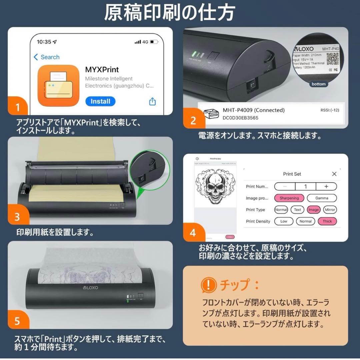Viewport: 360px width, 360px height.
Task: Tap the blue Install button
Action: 100,101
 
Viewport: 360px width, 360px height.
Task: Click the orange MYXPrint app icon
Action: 58,85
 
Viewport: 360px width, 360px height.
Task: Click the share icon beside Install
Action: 152,101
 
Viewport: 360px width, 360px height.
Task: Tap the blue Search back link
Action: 46,57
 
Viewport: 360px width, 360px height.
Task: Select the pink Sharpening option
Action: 289,198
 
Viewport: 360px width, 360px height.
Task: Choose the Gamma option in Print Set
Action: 322,198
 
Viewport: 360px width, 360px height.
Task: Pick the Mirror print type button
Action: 330,210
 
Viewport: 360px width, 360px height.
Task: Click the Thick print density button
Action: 327,221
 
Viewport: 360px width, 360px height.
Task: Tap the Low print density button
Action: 284,221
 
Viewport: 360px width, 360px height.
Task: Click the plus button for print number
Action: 326,186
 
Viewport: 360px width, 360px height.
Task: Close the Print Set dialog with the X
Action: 334,174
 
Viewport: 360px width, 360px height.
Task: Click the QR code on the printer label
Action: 332,59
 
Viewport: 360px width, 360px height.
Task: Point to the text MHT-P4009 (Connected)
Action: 253,110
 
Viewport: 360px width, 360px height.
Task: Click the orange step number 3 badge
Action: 17,217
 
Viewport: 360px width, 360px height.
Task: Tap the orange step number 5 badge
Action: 17,321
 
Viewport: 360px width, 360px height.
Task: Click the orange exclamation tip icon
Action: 208,285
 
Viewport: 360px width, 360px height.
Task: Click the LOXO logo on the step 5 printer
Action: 90,287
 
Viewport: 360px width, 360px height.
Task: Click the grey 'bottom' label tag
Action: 318,84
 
